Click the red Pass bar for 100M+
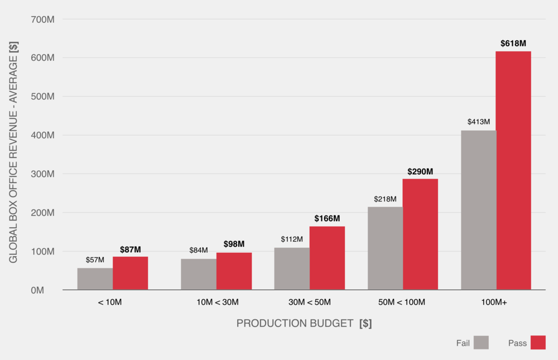(513, 170)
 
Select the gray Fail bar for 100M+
(478, 210)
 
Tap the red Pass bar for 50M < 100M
(420, 234)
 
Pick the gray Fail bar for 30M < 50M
(291, 268)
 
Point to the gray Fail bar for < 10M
(95, 279)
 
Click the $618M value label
(513, 43)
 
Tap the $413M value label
(478, 122)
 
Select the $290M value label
(420, 171)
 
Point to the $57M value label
(95, 260)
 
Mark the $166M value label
(327, 218)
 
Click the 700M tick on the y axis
(42, 19)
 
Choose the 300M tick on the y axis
(42, 174)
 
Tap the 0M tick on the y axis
(46, 290)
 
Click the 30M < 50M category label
(310, 303)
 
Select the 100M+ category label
(495, 303)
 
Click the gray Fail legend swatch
(481, 343)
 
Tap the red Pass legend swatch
(538, 343)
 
